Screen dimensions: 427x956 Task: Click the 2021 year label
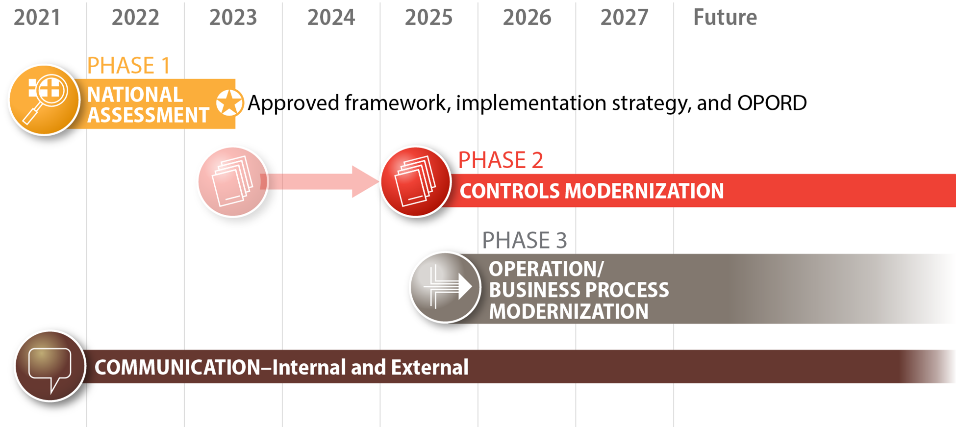[x=37, y=18]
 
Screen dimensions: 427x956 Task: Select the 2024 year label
[x=331, y=18]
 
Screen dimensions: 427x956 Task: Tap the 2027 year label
[x=624, y=18]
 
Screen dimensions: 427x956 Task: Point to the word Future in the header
[x=725, y=18]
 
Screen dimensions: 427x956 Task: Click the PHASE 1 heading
[x=128, y=66]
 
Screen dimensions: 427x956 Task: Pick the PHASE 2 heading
[x=500, y=160]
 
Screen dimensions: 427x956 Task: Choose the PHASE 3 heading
[x=524, y=240]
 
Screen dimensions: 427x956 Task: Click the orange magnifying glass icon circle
[x=44, y=100]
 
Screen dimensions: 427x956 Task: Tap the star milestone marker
[x=229, y=103]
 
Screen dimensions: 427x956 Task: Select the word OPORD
[x=772, y=103]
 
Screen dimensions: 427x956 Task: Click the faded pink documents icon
[x=233, y=182]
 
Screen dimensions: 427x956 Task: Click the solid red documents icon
[x=416, y=182]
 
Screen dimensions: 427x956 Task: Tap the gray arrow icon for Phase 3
[x=445, y=287]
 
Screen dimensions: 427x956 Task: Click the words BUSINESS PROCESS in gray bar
[x=579, y=290]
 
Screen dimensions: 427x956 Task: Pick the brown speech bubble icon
[x=50, y=366]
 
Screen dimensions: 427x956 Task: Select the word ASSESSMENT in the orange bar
[x=148, y=115]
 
